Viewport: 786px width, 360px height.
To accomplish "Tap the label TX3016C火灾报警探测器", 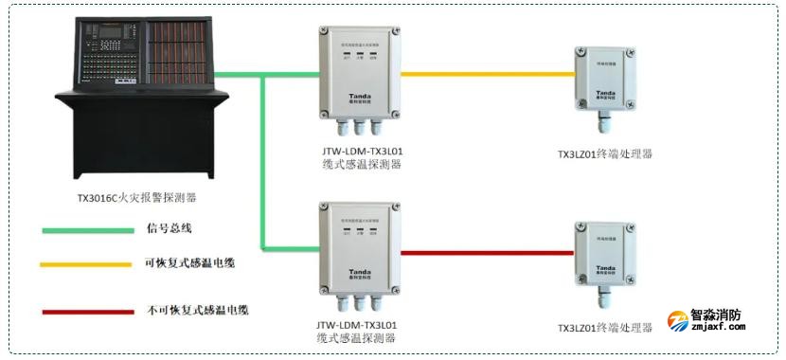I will coord(137,200).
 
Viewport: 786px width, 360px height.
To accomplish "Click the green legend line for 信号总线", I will coord(86,229).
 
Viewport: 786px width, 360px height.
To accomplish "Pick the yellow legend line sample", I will coord(86,264).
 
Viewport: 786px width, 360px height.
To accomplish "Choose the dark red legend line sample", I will coord(86,309).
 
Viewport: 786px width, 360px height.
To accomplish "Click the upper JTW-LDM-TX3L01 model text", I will coord(361,150).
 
